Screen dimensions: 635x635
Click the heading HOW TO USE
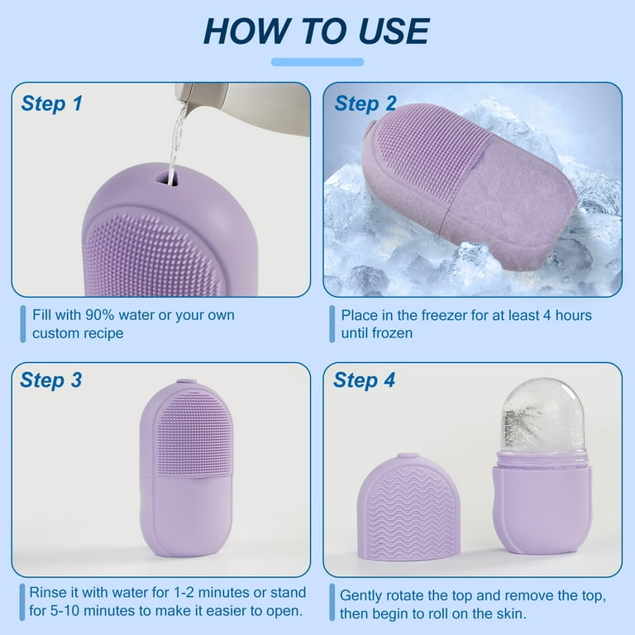click(317, 31)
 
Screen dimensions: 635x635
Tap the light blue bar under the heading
click(317, 62)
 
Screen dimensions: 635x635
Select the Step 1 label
click(51, 103)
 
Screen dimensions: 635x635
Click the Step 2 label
click(365, 103)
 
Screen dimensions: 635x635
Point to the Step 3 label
click(51, 380)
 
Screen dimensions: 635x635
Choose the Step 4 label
click(364, 380)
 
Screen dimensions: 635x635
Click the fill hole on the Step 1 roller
click(167, 179)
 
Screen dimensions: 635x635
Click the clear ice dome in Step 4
click(543, 416)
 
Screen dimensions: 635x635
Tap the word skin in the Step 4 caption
click(511, 614)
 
